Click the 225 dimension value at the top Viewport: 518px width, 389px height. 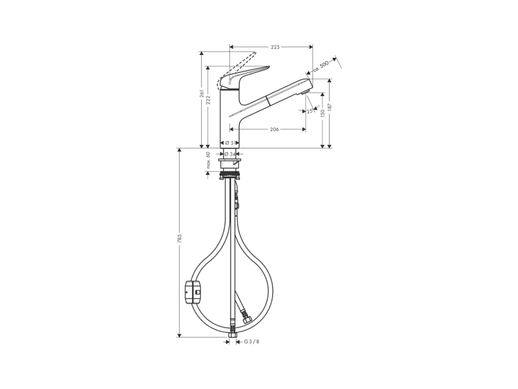tap(275, 47)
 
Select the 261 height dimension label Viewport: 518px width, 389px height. tap(202, 93)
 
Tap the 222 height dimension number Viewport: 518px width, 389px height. tap(208, 100)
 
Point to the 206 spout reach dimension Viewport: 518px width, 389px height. tap(274, 129)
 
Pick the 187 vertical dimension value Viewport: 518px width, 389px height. tap(329, 107)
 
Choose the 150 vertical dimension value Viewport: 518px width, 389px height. tap(323, 112)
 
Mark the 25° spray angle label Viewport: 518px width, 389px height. tap(310, 111)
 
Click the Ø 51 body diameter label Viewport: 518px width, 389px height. tap(230, 143)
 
